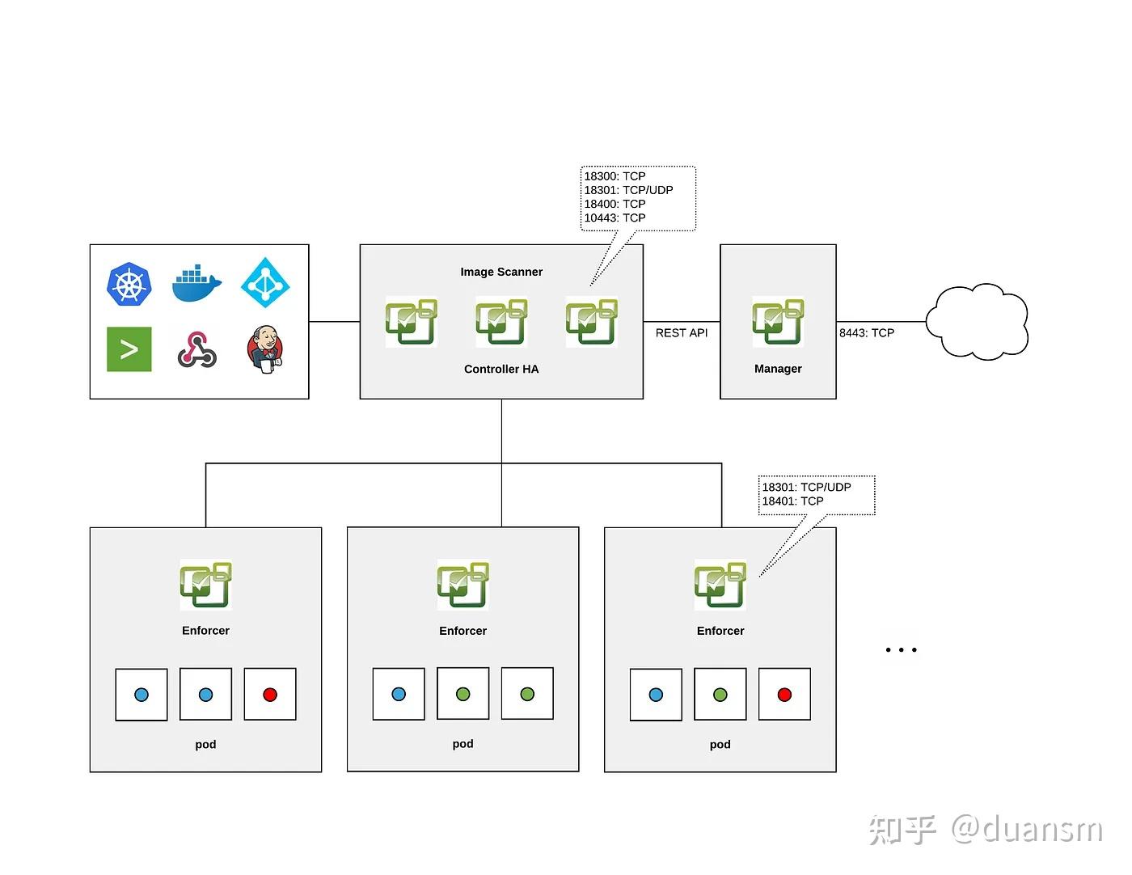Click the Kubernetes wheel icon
point(129,284)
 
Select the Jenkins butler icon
point(264,349)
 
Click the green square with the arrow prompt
point(129,349)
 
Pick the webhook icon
point(196,349)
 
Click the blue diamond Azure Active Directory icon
point(265,282)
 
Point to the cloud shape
point(977,321)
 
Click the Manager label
point(778,369)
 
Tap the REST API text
point(682,332)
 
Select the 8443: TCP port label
point(867,332)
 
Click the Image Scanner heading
point(501,272)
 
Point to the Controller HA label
point(501,369)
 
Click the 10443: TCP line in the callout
point(615,218)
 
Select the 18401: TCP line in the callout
point(792,501)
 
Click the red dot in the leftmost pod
point(270,695)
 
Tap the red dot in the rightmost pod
point(784,695)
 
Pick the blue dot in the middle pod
point(399,694)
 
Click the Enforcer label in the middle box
point(463,631)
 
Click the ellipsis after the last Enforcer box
point(901,649)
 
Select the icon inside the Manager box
point(778,322)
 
